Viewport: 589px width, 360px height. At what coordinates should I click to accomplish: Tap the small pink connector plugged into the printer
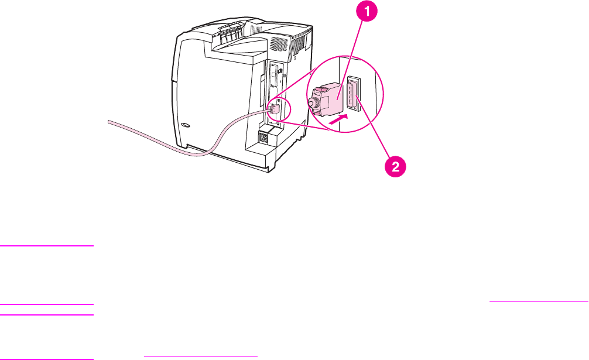point(273,108)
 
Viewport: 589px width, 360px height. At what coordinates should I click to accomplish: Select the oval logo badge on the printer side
point(186,125)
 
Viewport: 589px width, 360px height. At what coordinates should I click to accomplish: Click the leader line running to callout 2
point(375,132)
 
